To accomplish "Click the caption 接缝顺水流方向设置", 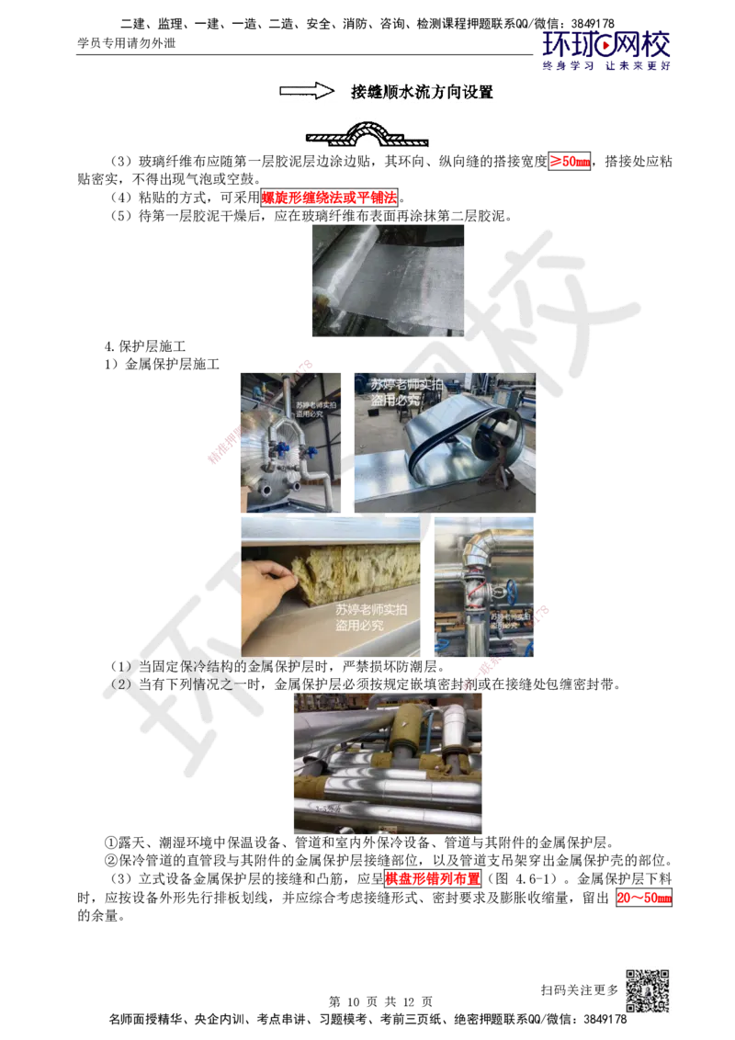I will point(423,92).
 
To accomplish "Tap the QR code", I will point(646,991).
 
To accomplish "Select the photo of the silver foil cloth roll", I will point(389,278).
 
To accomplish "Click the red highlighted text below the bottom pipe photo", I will point(433,878).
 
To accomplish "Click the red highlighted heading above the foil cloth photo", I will point(329,197).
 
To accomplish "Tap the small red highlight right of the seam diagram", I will point(569,162).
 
